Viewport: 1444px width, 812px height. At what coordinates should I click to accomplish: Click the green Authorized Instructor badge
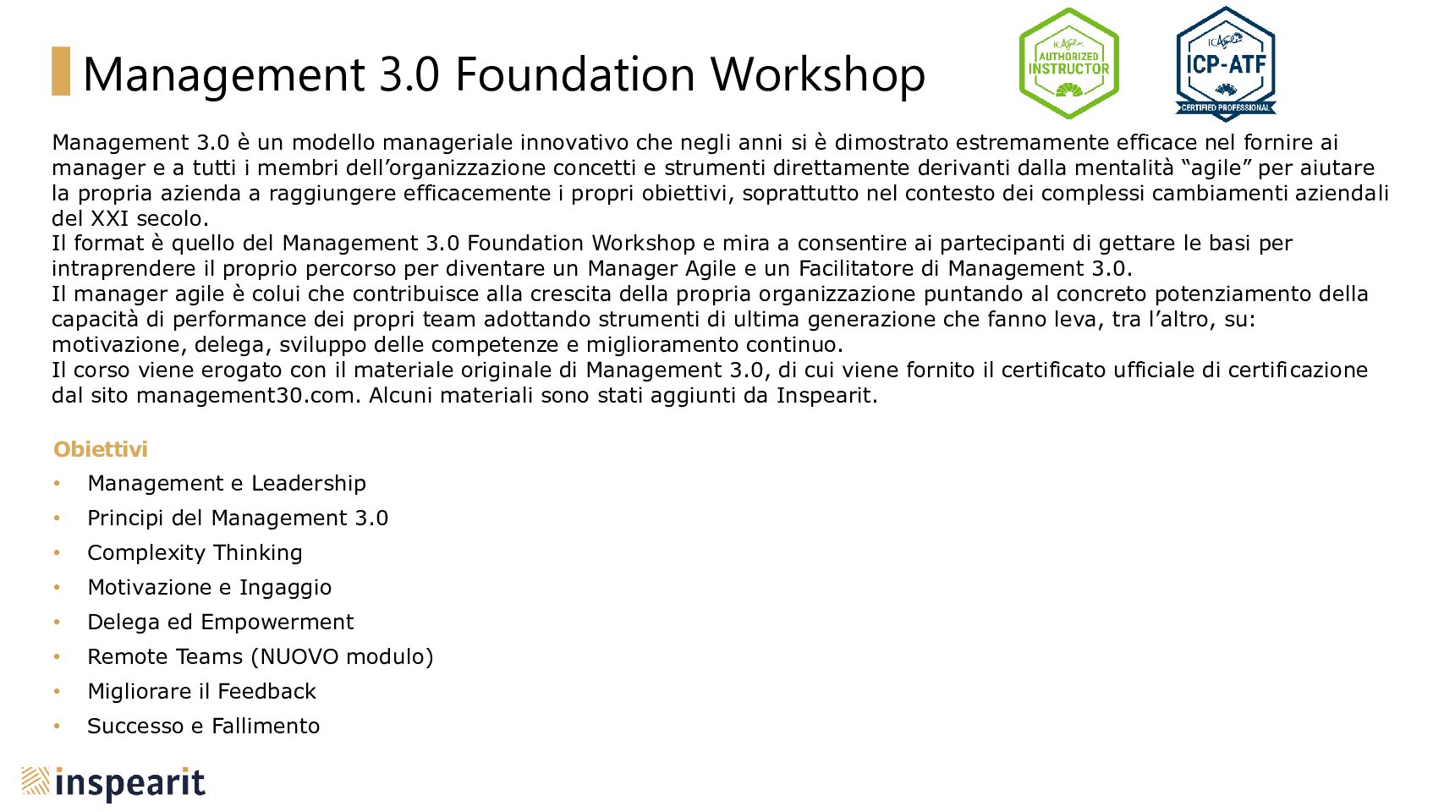click(x=1068, y=63)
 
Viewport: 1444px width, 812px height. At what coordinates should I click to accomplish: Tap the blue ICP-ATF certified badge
click(x=1226, y=63)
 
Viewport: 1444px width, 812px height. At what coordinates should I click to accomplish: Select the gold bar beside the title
click(x=61, y=71)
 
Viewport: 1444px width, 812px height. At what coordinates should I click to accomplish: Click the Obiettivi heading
click(x=101, y=449)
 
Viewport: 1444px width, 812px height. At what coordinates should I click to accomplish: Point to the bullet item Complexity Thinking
click(x=195, y=553)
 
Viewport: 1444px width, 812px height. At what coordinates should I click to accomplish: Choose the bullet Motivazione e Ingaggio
click(x=210, y=588)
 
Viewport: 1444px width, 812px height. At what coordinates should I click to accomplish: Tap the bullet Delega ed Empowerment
click(x=221, y=622)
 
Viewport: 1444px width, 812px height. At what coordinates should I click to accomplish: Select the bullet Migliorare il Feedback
click(x=202, y=692)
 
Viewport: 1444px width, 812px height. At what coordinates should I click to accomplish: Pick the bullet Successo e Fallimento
click(x=204, y=727)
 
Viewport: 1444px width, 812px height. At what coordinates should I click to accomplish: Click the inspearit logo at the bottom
click(x=113, y=783)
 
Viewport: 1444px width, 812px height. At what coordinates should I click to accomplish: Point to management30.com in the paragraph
click(x=248, y=396)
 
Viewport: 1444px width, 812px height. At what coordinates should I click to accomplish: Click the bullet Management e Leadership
click(x=227, y=483)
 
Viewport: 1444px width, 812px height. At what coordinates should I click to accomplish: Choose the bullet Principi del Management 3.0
click(x=238, y=518)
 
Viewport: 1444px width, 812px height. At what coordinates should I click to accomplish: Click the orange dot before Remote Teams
click(x=58, y=656)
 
